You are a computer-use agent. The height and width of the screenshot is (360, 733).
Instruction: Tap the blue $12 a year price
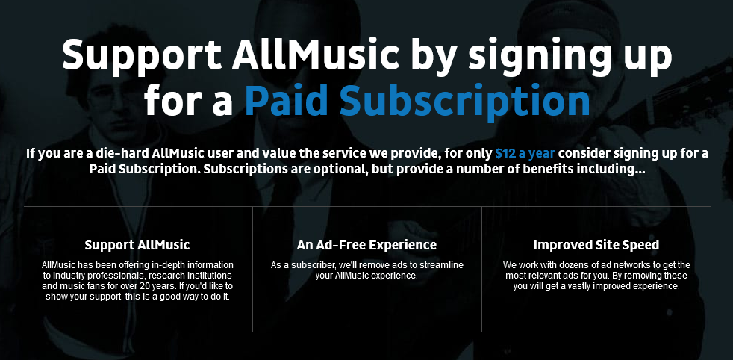(x=525, y=153)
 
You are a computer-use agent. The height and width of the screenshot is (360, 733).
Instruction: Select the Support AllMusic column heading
(x=137, y=245)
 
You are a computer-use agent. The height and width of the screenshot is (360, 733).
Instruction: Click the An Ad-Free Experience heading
(x=366, y=245)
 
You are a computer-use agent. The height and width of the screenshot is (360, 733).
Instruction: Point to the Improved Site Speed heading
(x=596, y=245)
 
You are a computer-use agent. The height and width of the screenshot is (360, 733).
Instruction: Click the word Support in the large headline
(x=142, y=55)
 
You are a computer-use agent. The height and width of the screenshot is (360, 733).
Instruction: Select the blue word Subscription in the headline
(x=464, y=101)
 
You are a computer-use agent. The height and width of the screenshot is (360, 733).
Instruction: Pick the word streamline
(x=444, y=265)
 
